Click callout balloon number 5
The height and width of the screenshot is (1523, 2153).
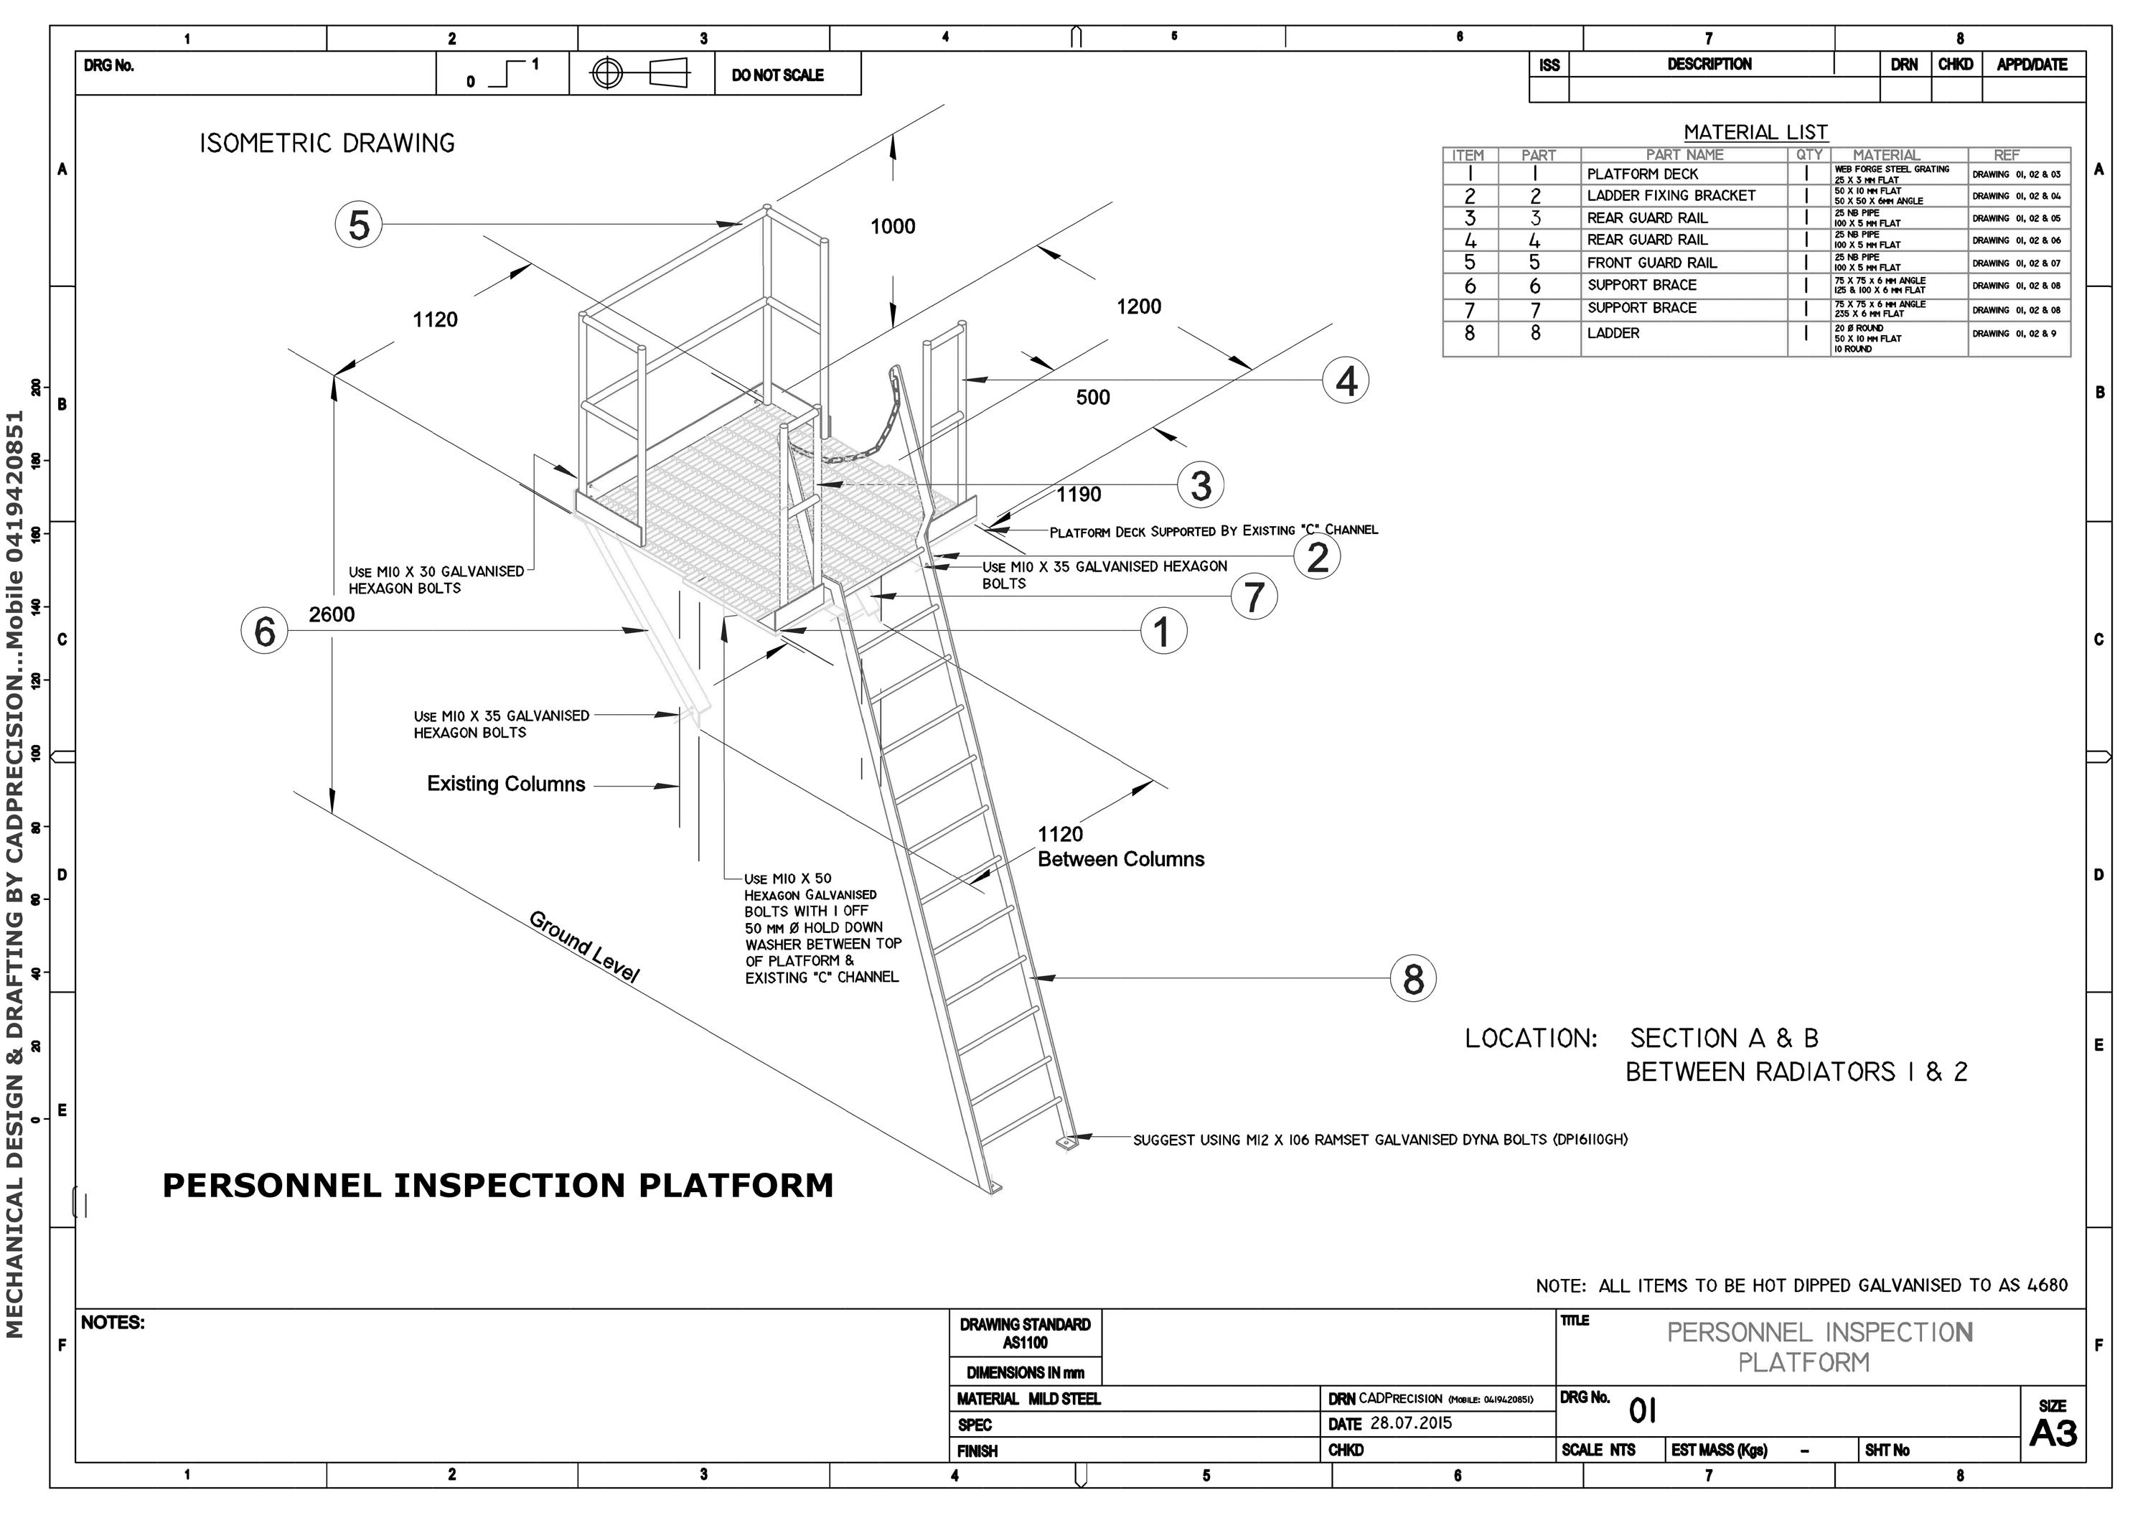(x=358, y=225)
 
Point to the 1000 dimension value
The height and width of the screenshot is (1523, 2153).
(x=892, y=226)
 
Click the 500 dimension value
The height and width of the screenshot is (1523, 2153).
(x=1092, y=398)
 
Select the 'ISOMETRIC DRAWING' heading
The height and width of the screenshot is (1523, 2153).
(x=327, y=144)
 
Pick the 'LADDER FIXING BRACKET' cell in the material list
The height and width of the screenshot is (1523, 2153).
(x=1671, y=195)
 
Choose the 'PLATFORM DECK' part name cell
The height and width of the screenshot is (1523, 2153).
(x=1642, y=174)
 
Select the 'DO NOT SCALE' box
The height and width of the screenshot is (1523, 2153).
(x=777, y=75)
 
